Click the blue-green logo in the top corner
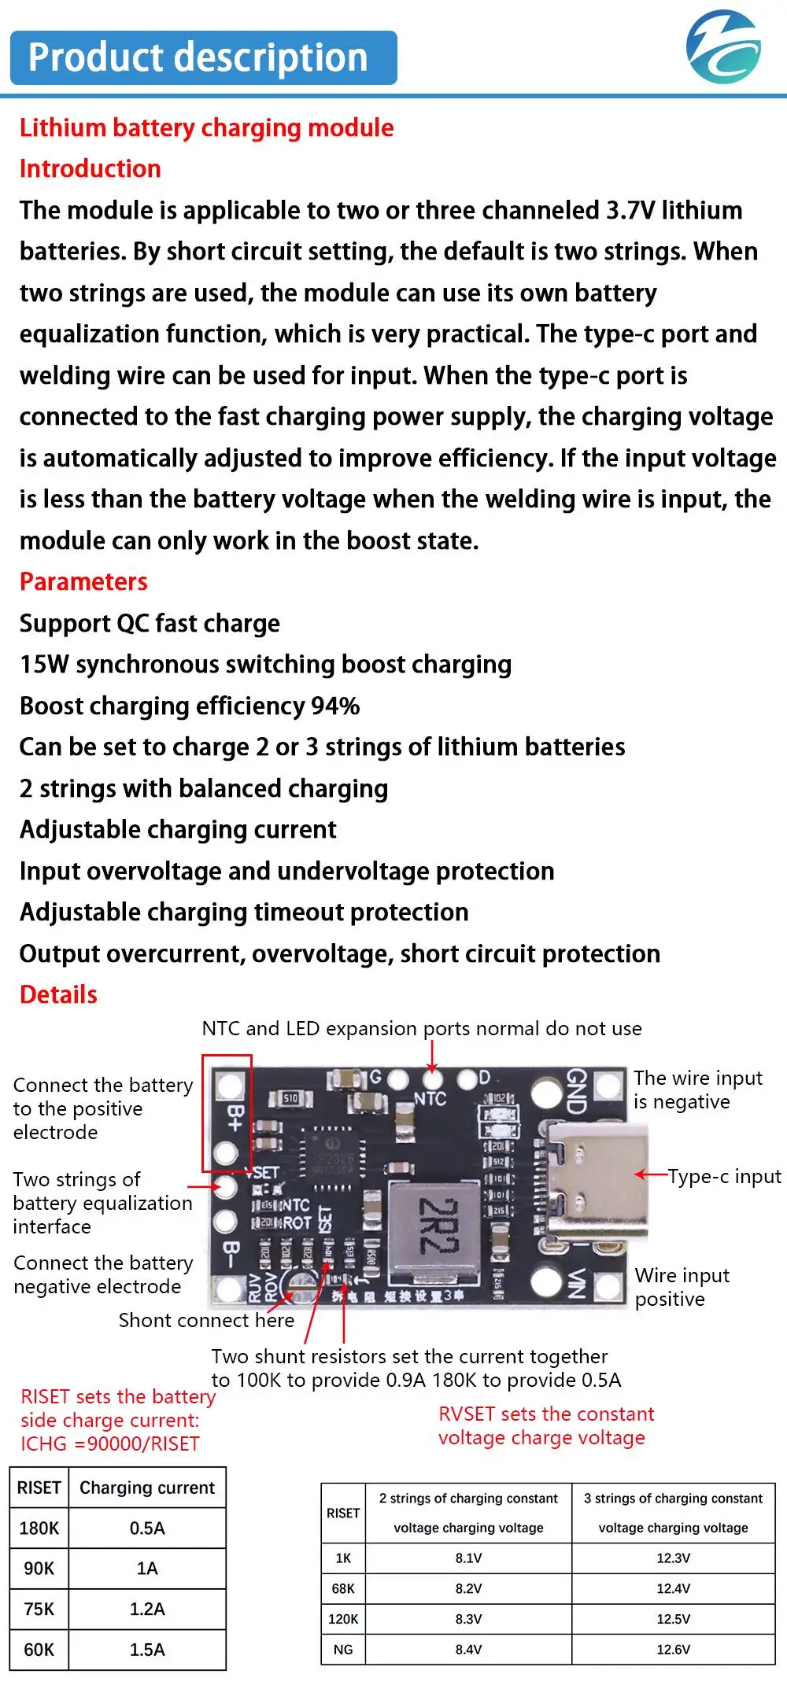(x=723, y=47)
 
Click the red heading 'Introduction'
(x=91, y=168)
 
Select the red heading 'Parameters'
(x=83, y=581)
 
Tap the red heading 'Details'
(x=58, y=994)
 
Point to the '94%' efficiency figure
(x=335, y=706)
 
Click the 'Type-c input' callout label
(x=724, y=1176)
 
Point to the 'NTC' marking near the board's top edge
(x=430, y=1099)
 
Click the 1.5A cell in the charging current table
(x=147, y=1650)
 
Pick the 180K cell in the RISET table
(x=39, y=1528)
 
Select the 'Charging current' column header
(x=147, y=1488)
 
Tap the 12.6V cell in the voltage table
(x=673, y=1650)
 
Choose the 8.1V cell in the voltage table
(x=468, y=1558)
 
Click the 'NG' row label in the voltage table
(x=343, y=1650)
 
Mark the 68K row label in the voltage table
(x=343, y=1588)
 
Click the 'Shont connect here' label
(x=206, y=1320)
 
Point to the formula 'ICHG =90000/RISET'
(x=110, y=1443)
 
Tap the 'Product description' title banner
(x=203, y=58)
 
